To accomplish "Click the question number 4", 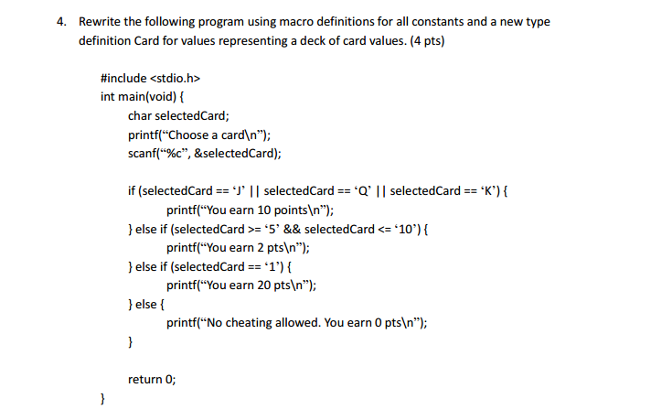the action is [61, 22].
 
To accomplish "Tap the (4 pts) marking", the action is [427, 41].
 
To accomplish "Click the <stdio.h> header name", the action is [175, 78].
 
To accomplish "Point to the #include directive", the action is [123, 78].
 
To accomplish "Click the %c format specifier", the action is [174, 154].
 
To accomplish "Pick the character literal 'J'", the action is [240, 190].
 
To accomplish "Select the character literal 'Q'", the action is [362, 190].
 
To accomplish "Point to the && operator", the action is [292, 230].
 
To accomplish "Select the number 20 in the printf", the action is [264, 285].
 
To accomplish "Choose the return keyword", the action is [144, 380].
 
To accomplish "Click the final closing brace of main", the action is [102, 399].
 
